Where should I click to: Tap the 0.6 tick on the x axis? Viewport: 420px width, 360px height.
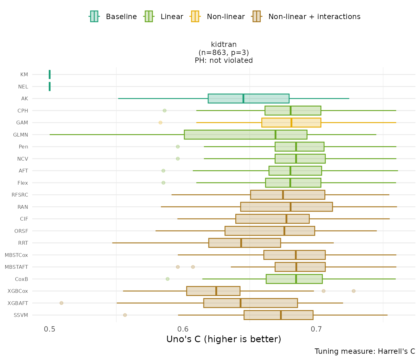[x=183, y=329]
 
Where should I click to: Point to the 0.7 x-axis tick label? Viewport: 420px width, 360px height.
[x=316, y=329]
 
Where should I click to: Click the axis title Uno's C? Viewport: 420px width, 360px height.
[x=224, y=339]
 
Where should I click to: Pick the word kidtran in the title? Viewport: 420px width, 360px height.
[x=224, y=45]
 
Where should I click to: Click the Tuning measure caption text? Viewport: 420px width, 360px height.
[x=365, y=351]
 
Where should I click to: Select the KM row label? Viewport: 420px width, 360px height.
[x=24, y=75]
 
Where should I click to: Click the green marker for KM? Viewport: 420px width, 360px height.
[x=50, y=75]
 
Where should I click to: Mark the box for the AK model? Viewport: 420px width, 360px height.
[x=248, y=98]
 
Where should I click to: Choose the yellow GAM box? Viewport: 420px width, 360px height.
[x=291, y=122]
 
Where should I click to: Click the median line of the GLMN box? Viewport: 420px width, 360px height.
[x=275, y=135]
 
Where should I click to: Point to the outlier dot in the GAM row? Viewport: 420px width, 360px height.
[x=160, y=122]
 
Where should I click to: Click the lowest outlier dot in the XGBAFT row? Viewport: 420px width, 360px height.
[x=62, y=303]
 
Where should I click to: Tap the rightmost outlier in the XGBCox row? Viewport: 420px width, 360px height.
[x=353, y=291]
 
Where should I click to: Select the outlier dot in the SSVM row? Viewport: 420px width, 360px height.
[x=125, y=315]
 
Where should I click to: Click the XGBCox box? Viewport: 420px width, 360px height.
[x=213, y=291]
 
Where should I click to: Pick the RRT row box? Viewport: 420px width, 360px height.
[x=244, y=243]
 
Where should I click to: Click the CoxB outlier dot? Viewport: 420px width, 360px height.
[x=167, y=279]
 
